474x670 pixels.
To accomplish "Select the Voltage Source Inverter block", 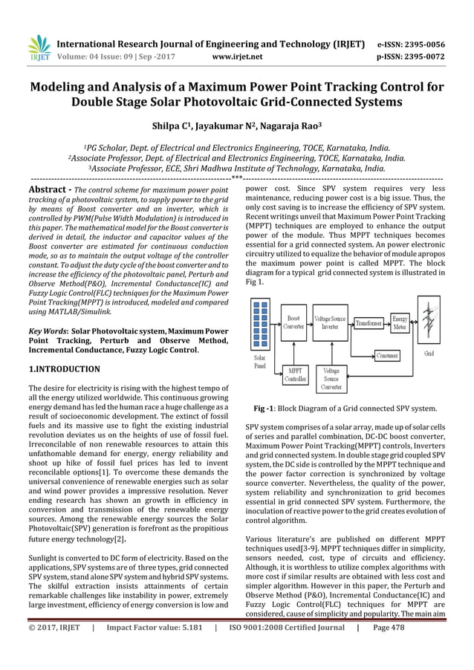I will click(330, 322).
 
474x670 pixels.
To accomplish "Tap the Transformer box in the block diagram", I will click(369, 323).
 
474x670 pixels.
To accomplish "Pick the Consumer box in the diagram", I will click(386, 356).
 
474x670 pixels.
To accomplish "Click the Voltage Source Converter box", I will click(331, 377).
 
